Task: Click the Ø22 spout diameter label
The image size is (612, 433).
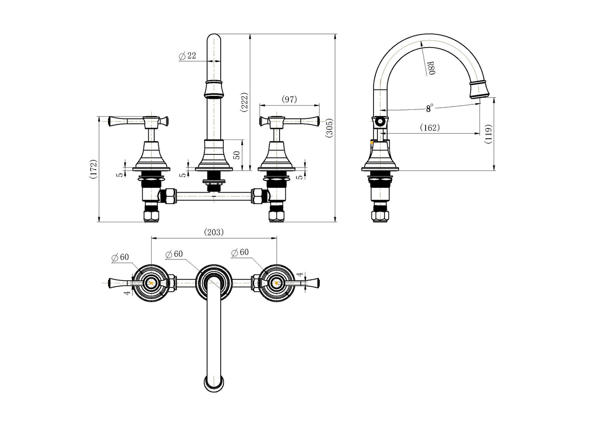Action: click(x=188, y=56)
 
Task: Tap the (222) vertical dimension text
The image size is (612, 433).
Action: click(x=244, y=102)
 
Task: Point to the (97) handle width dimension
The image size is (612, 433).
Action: click(x=289, y=99)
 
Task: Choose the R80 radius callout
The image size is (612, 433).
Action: click(x=430, y=68)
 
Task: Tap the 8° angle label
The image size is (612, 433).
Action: click(x=429, y=109)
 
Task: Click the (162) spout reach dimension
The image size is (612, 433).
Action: click(x=429, y=127)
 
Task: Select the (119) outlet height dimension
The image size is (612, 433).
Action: click(x=488, y=134)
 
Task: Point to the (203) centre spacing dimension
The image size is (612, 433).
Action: click(x=213, y=232)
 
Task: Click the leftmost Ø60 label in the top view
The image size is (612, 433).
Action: click(x=120, y=257)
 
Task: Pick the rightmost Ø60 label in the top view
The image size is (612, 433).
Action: click(x=240, y=252)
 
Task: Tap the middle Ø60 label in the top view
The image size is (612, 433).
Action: click(x=174, y=254)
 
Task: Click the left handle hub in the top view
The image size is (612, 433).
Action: click(x=151, y=282)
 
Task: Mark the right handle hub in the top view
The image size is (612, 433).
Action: click(x=276, y=282)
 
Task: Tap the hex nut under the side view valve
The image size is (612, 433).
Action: click(x=380, y=216)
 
